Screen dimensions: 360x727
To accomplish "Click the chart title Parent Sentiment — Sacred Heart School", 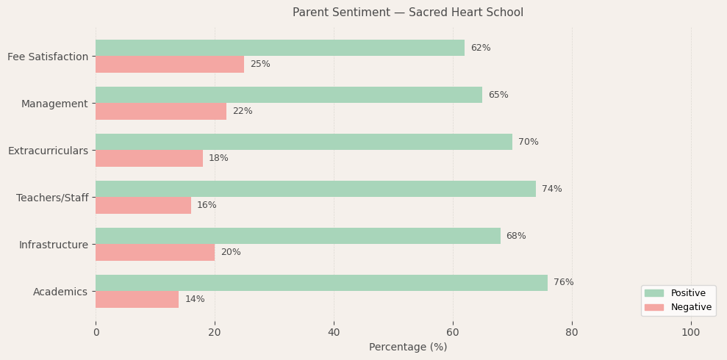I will [x=408, y=12].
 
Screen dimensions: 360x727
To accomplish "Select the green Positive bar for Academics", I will [x=321, y=283].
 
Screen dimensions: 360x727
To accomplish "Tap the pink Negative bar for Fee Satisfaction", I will [x=170, y=64].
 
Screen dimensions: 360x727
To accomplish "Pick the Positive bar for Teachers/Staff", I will [x=315, y=189].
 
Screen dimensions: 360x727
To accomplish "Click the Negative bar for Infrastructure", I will [x=155, y=252].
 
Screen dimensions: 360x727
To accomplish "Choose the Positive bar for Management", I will [x=289, y=95].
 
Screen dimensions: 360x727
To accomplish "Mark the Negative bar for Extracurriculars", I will [x=149, y=158].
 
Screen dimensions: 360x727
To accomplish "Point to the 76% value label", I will [x=564, y=283].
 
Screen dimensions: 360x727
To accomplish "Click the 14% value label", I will [x=195, y=299].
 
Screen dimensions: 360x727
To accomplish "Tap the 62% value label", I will [x=481, y=48].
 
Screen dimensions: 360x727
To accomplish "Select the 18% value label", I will [x=218, y=158].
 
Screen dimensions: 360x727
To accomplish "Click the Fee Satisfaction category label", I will [x=48, y=57].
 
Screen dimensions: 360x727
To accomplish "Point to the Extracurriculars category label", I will [x=48, y=151].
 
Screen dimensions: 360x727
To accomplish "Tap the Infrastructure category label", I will [x=54, y=245].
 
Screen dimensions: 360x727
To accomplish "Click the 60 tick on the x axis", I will [x=453, y=333].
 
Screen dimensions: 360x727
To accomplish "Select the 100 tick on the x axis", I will [x=691, y=333].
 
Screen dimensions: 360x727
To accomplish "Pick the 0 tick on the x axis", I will [x=96, y=333].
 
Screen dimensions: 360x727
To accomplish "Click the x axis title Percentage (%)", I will [x=408, y=347].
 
